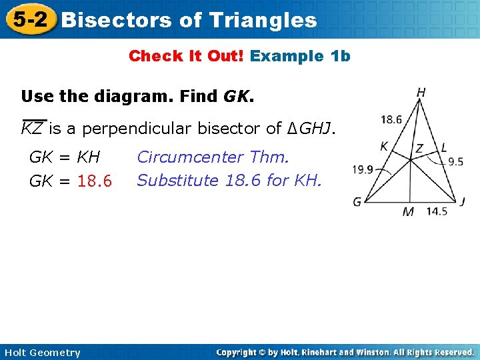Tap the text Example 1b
(300, 56)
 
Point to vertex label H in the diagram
(421, 93)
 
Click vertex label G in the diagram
(357, 201)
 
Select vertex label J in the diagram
(462, 201)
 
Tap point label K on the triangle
(384, 146)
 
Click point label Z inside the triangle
(419, 149)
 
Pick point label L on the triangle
(444, 147)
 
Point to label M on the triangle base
(408, 212)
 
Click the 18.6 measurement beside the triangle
(391, 120)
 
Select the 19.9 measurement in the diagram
(363, 169)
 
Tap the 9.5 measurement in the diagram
(455, 161)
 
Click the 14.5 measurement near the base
(437, 212)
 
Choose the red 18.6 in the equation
(95, 181)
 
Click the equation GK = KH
(65, 157)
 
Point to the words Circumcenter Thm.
(213, 157)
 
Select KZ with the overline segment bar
(33, 129)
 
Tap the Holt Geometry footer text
(41, 353)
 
